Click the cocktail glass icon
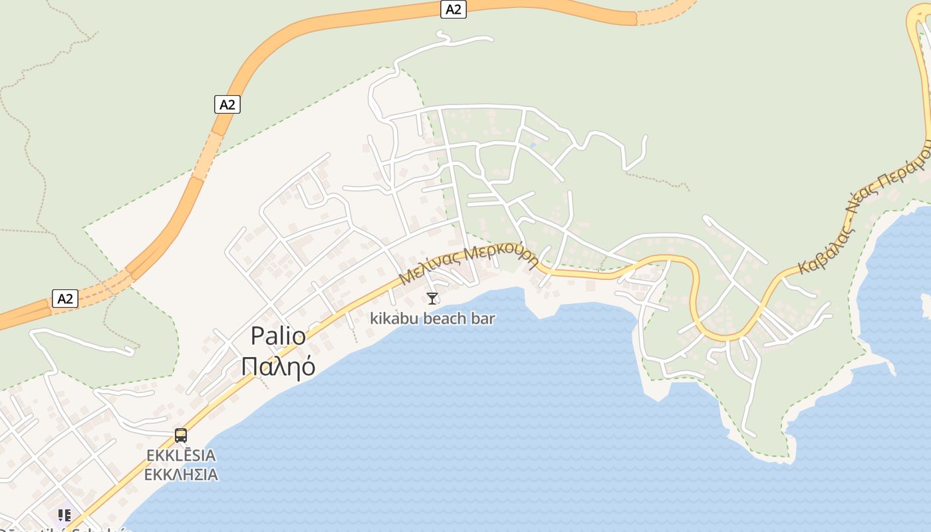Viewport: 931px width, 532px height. coord(432,299)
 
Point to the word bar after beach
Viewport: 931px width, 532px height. coord(484,319)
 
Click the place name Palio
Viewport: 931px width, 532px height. coord(278,336)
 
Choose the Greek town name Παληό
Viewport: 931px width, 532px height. coord(278,366)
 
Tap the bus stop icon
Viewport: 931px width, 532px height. coord(181,436)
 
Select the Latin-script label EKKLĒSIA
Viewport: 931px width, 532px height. coord(181,456)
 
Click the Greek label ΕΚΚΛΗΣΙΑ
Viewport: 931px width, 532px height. coord(181,475)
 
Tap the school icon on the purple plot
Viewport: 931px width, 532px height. coord(64,515)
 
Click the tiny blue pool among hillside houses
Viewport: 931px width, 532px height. coord(533,144)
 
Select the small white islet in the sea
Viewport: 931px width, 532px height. coord(926,305)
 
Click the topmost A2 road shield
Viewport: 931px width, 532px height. coord(453,9)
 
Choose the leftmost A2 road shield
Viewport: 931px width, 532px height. coord(65,299)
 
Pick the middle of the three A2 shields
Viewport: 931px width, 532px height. coord(227,104)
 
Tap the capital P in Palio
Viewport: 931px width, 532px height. coord(257,336)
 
